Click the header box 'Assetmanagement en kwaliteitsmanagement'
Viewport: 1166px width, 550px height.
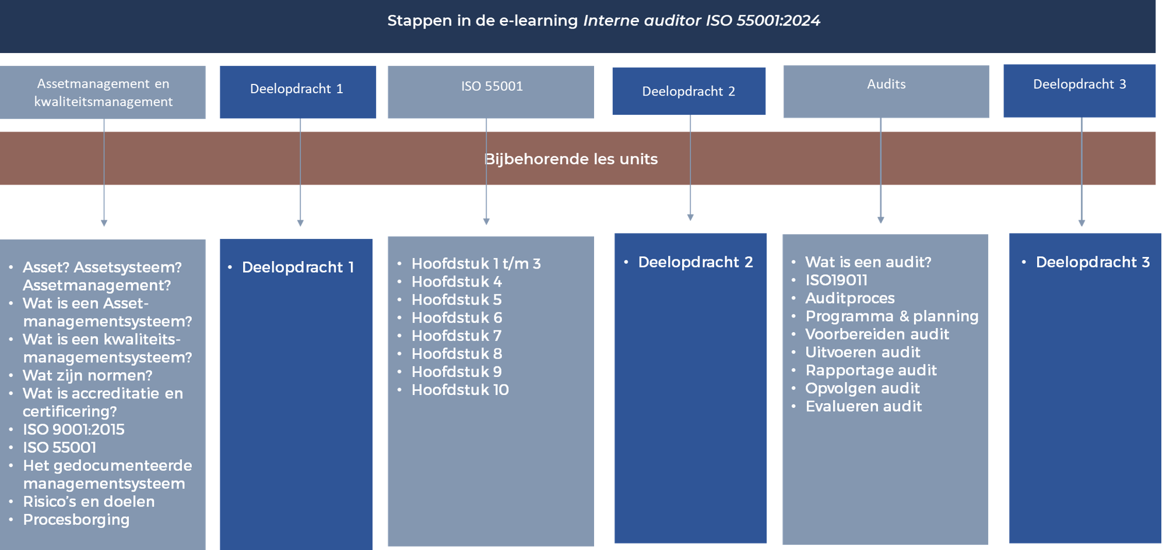(x=103, y=92)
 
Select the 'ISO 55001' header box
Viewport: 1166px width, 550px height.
(x=491, y=92)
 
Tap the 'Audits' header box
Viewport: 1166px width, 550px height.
(x=886, y=91)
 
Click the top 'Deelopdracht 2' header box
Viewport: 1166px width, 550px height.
(x=689, y=91)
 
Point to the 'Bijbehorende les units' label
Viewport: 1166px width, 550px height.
(x=571, y=159)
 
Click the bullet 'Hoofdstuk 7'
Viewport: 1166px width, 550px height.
(x=456, y=336)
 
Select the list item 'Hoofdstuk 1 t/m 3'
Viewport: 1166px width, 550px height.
(x=476, y=263)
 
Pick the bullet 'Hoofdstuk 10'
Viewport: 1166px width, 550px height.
(x=460, y=390)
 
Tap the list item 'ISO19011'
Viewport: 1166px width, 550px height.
(x=837, y=280)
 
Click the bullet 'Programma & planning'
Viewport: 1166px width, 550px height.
(x=892, y=316)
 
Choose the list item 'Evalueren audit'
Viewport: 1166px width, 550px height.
(x=863, y=406)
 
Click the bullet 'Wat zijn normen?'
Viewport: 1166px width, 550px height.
(x=87, y=376)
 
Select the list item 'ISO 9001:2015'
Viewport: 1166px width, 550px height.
(x=73, y=429)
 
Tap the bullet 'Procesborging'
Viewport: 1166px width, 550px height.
(x=76, y=520)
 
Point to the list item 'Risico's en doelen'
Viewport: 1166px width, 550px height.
(x=89, y=502)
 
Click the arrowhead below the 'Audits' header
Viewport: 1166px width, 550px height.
(x=881, y=220)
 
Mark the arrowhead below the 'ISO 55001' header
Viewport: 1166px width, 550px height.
(x=486, y=221)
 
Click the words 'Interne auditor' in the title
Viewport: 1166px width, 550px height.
(x=642, y=20)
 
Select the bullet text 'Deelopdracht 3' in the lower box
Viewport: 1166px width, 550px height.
(x=1093, y=262)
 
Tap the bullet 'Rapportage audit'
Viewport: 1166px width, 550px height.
(x=871, y=371)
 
